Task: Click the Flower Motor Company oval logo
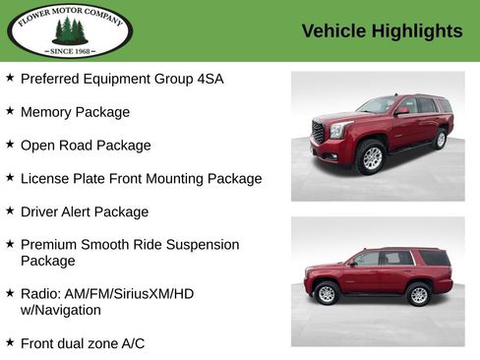point(69,30)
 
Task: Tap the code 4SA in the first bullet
point(208,79)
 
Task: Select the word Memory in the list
point(46,112)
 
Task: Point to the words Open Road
point(54,146)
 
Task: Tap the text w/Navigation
point(61,310)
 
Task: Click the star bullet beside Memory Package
point(10,111)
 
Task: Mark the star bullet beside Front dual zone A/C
point(10,342)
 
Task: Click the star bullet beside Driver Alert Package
point(10,210)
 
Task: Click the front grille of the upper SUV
point(319,132)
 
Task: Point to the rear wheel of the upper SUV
point(440,139)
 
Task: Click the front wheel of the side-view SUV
point(328,293)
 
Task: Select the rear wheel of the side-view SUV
point(419,294)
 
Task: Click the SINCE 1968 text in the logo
point(69,49)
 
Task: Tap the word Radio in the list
point(40,294)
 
